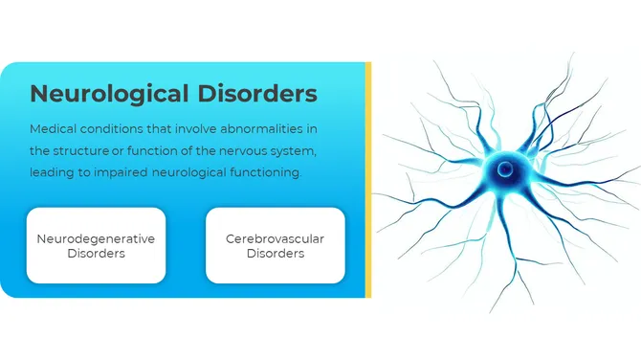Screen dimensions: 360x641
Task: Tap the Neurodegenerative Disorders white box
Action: [96, 245]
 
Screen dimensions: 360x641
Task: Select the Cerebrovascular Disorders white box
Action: [276, 245]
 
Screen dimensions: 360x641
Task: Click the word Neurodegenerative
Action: [96, 237]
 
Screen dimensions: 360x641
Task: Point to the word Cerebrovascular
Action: [276, 237]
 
